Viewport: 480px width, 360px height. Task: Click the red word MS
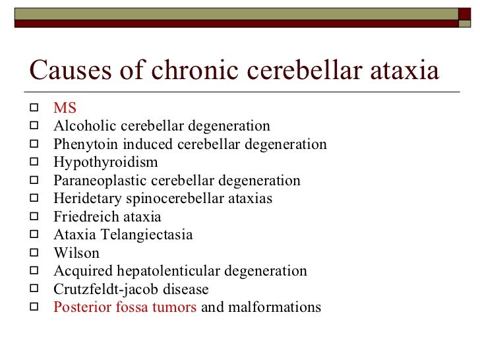(65, 108)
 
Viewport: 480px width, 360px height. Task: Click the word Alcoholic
(84, 126)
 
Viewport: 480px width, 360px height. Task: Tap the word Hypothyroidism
(105, 162)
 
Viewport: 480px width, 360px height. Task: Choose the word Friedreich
(85, 216)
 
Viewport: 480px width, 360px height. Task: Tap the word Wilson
(76, 253)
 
